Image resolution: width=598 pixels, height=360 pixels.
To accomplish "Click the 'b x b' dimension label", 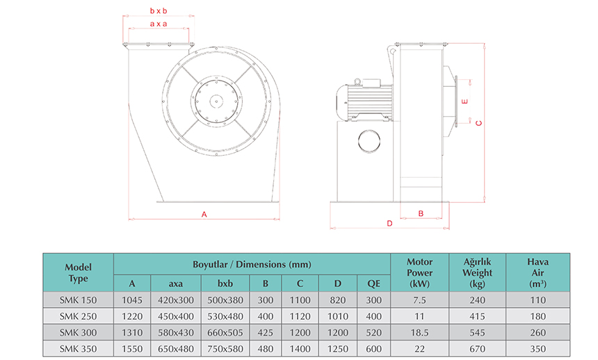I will point(159,11).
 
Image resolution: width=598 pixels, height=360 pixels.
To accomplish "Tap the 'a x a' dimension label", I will point(159,24).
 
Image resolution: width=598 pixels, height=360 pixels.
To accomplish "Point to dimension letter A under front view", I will point(204,214).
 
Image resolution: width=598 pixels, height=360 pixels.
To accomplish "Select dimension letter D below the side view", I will point(389,223).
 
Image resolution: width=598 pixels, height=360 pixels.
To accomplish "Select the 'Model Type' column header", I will point(78,272).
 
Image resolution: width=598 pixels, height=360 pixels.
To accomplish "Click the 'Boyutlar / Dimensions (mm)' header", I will point(252,264).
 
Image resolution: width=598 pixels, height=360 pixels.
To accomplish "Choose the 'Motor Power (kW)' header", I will point(419,272).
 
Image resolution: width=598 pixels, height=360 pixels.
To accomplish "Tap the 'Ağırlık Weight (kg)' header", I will point(477,272).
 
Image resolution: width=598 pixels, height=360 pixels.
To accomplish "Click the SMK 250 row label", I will point(78,316).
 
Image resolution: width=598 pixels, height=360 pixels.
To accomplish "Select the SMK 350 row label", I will point(78,348).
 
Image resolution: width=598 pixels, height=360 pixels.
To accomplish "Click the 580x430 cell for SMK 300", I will point(176,332).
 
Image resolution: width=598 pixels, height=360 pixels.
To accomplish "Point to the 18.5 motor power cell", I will point(419,332).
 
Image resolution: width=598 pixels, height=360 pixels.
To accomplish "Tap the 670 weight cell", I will point(477,348).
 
